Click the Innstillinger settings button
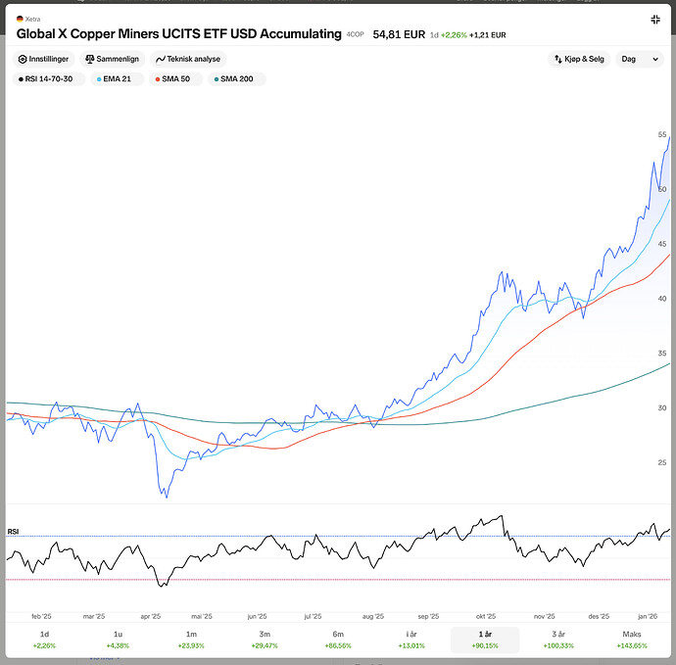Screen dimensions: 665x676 pos(45,59)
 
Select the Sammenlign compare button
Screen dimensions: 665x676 pos(111,59)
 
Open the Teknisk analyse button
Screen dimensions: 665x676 pos(188,59)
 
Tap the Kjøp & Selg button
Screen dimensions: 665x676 pos(578,59)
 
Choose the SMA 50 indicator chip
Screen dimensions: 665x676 pos(175,78)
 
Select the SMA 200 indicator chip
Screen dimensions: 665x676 pos(235,78)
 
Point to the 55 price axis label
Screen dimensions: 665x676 pos(662,134)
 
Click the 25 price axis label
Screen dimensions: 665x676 pos(662,462)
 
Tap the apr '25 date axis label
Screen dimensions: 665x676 pos(151,617)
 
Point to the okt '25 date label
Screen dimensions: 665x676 pos(485,617)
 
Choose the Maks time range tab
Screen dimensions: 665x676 pos(633,640)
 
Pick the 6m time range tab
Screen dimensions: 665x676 pos(338,640)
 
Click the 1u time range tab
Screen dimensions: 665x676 pos(118,640)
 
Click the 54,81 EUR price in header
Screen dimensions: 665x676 pos(399,34)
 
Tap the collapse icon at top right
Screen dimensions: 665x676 pos(655,20)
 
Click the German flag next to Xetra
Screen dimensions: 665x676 pos(20,19)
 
